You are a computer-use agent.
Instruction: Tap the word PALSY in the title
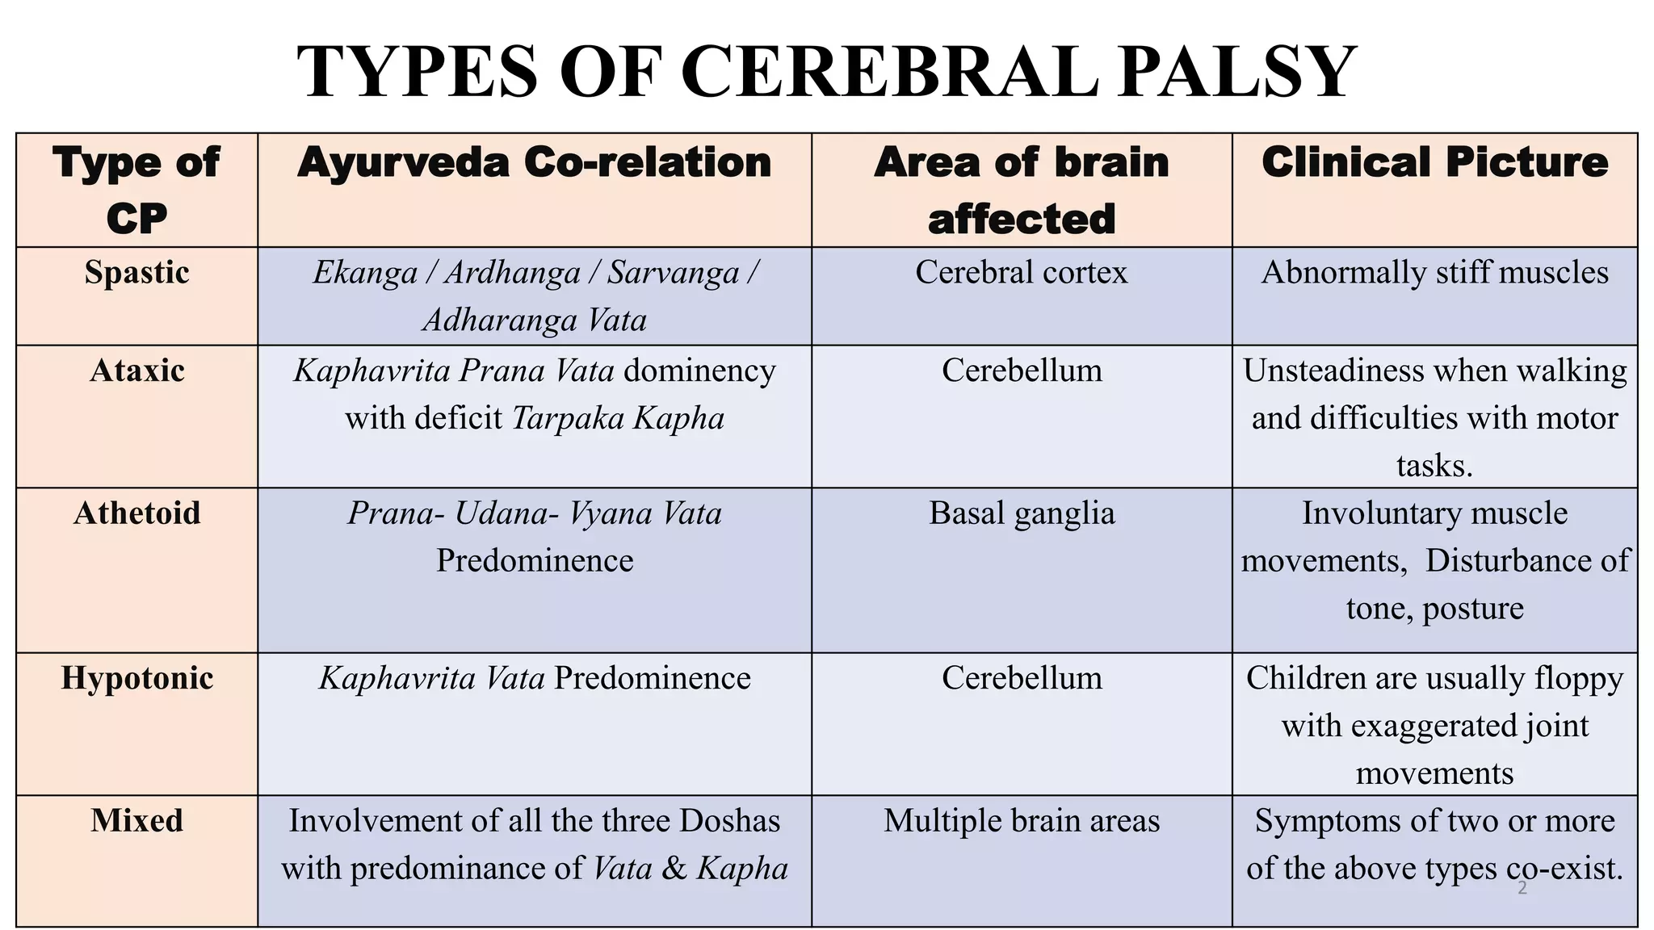click(1236, 73)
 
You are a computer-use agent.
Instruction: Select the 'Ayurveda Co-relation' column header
click(535, 162)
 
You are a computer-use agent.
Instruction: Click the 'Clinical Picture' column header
click(1434, 162)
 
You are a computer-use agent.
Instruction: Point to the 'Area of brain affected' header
click(1022, 191)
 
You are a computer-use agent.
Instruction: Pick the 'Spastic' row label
click(137, 273)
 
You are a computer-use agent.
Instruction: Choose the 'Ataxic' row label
click(137, 371)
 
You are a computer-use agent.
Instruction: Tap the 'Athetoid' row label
click(137, 513)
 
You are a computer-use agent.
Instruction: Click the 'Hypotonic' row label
click(137, 678)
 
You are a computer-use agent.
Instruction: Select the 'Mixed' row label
click(137, 821)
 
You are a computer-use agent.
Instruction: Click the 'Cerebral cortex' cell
click(1022, 273)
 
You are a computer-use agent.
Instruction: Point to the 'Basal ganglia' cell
click(1022, 513)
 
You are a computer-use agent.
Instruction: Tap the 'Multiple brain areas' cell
click(1022, 821)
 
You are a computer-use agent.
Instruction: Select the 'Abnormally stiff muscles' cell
click(1434, 273)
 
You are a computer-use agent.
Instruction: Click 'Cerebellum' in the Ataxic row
click(1022, 371)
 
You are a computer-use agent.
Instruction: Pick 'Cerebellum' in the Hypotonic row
click(1022, 678)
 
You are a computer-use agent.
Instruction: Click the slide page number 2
click(1522, 889)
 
